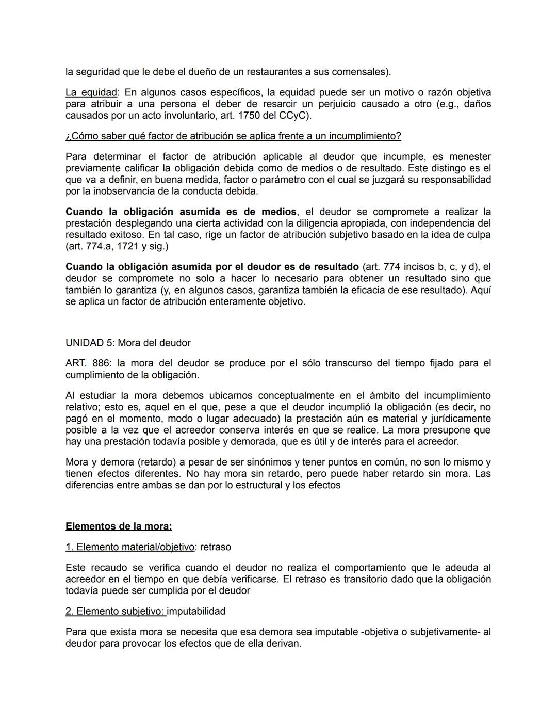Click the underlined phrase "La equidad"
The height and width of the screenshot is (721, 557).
(91, 92)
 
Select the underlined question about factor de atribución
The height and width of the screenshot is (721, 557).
(233, 136)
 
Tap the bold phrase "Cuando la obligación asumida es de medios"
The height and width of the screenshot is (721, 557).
(181, 212)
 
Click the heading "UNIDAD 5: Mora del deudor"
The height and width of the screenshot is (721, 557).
(128, 343)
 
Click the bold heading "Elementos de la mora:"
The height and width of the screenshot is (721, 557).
(119, 526)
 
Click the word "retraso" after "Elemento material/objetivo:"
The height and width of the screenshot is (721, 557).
(216, 547)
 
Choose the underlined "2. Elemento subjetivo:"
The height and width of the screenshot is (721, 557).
(116, 612)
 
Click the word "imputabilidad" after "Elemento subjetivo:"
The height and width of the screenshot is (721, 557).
(196, 612)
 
